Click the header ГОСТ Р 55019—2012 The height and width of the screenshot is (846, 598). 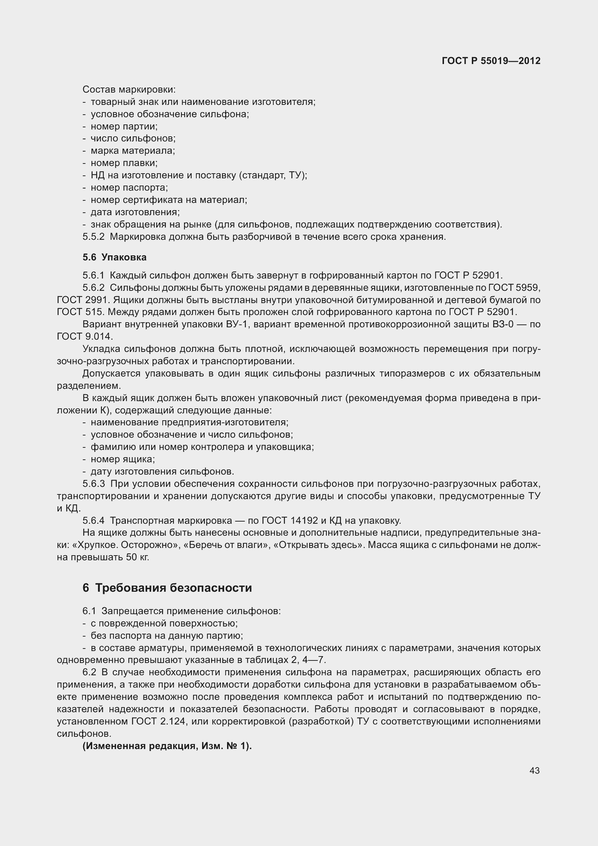[x=491, y=61]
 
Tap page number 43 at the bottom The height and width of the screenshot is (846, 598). [x=534, y=770]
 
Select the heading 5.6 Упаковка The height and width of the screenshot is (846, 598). [x=115, y=257]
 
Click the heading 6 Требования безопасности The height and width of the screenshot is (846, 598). [x=167, y=588]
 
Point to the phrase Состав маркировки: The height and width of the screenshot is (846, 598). [x=129, y=90]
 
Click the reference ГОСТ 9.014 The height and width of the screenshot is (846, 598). [x=85, y=336]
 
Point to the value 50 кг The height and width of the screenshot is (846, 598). [x=137, y=557]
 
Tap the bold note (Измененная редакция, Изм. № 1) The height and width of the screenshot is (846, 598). [x=167, y=746]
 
